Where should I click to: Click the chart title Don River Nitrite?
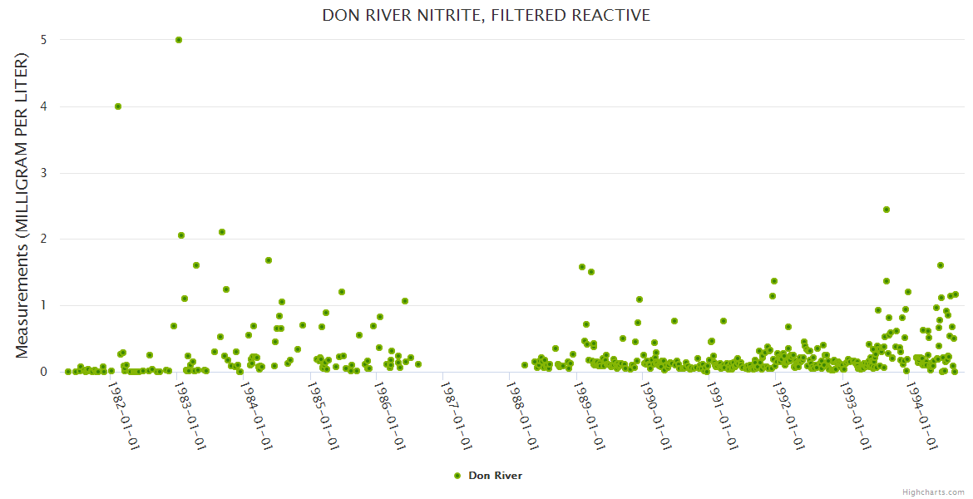[486, 16]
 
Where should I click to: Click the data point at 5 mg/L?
[179, 40]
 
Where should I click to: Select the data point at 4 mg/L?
[118, 106]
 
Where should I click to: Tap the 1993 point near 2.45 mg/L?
[887, 210]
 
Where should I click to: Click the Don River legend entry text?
[495, 476]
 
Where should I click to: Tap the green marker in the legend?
[457, 476]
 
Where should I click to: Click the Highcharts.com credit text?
[934, 492]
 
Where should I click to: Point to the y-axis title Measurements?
[22, 205]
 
